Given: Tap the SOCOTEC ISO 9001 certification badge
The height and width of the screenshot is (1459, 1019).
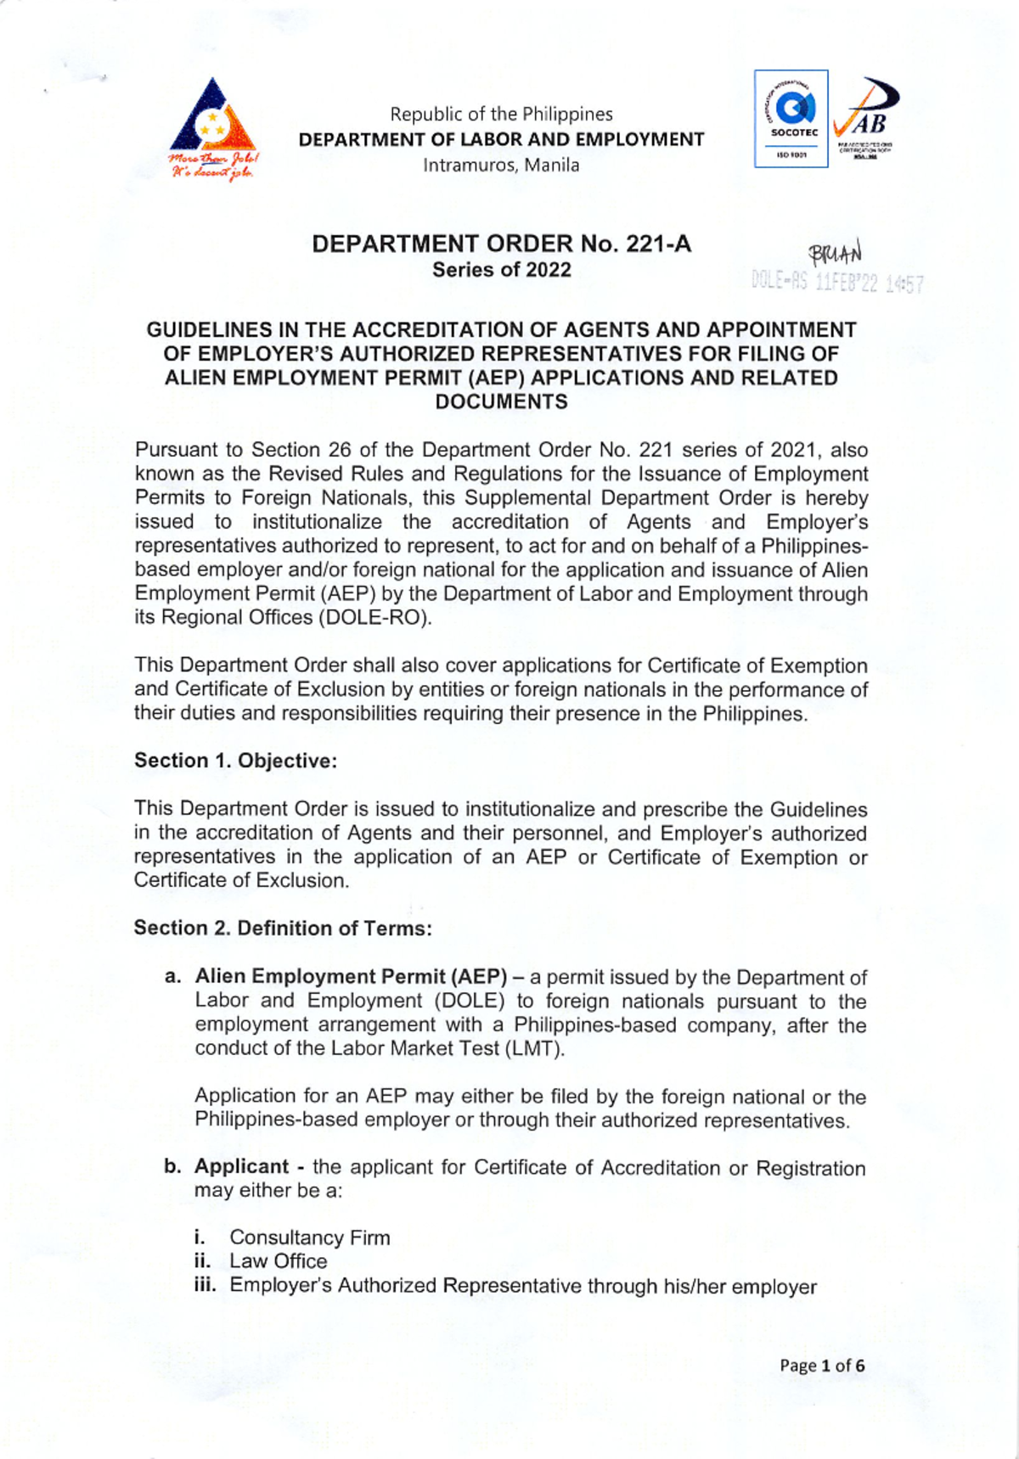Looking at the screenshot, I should [x=791, y=119].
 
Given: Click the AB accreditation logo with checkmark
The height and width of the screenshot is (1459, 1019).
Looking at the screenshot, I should [x=864, y=119].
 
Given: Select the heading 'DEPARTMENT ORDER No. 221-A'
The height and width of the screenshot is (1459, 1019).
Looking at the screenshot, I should [x=501, y=244].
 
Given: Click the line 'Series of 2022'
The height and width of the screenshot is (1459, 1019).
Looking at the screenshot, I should [x=501, y=270].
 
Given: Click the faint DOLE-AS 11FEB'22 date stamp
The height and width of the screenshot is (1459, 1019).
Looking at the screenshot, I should [x=837, y=283].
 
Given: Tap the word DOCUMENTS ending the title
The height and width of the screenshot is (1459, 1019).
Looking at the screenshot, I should [x=501, y=402].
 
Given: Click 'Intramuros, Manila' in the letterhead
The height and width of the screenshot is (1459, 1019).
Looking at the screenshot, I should [x=501, y=166].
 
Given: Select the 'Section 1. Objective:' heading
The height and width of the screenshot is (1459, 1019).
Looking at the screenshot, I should [x=235, y=760].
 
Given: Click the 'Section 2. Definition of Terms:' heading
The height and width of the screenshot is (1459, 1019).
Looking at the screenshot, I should [x=283, y=929].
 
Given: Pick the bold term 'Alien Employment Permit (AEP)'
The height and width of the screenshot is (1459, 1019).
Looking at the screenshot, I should [x=351, y=977].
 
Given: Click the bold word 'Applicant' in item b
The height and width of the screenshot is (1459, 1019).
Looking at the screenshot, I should [x=242, y=1167].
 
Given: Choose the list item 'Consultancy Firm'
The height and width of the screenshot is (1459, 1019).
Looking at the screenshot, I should [x=310, y=1237].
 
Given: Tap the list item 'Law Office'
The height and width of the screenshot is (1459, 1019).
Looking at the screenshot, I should [x=278, y=1261].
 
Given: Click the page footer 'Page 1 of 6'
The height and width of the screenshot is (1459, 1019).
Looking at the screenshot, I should [x=822, y=1366].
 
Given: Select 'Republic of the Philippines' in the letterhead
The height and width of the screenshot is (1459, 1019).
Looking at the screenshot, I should [x=501, y=115].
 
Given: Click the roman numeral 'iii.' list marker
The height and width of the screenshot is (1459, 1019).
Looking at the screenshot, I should [x=205, y=1285].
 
